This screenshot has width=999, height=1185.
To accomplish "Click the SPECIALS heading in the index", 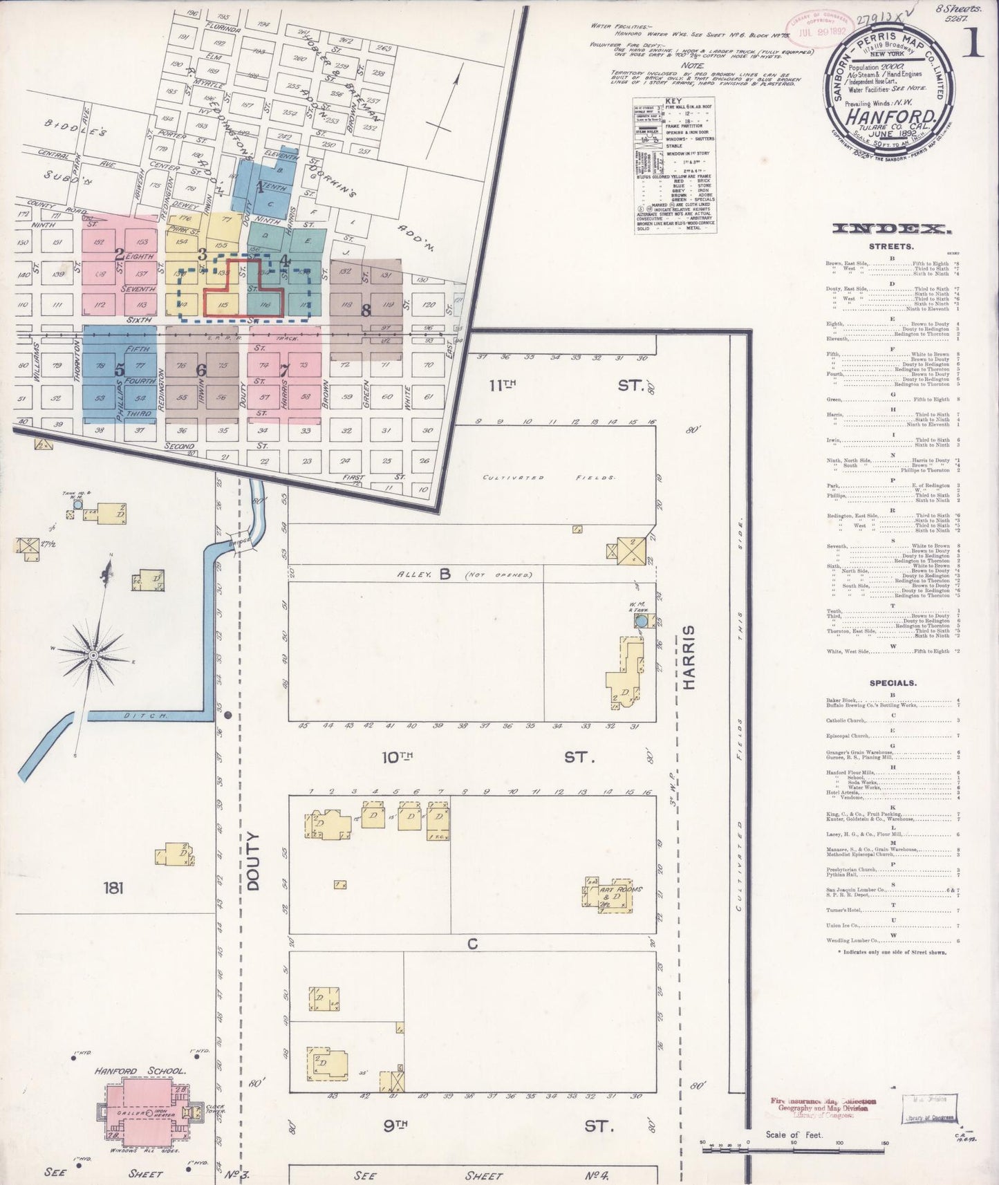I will coord(893,683).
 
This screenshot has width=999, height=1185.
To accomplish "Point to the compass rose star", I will coord(93,653).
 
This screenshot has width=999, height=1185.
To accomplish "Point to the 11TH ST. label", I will coord(567,384).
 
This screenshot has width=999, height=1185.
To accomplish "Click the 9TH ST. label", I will coord(498,1126).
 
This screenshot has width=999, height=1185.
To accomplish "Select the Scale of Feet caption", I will coord(793,1135).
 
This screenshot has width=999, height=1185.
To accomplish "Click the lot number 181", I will coord(113,888).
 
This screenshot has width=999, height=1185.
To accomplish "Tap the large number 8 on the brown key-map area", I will coord(366,310).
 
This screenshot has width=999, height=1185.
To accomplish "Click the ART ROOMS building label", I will coord(621,890).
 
